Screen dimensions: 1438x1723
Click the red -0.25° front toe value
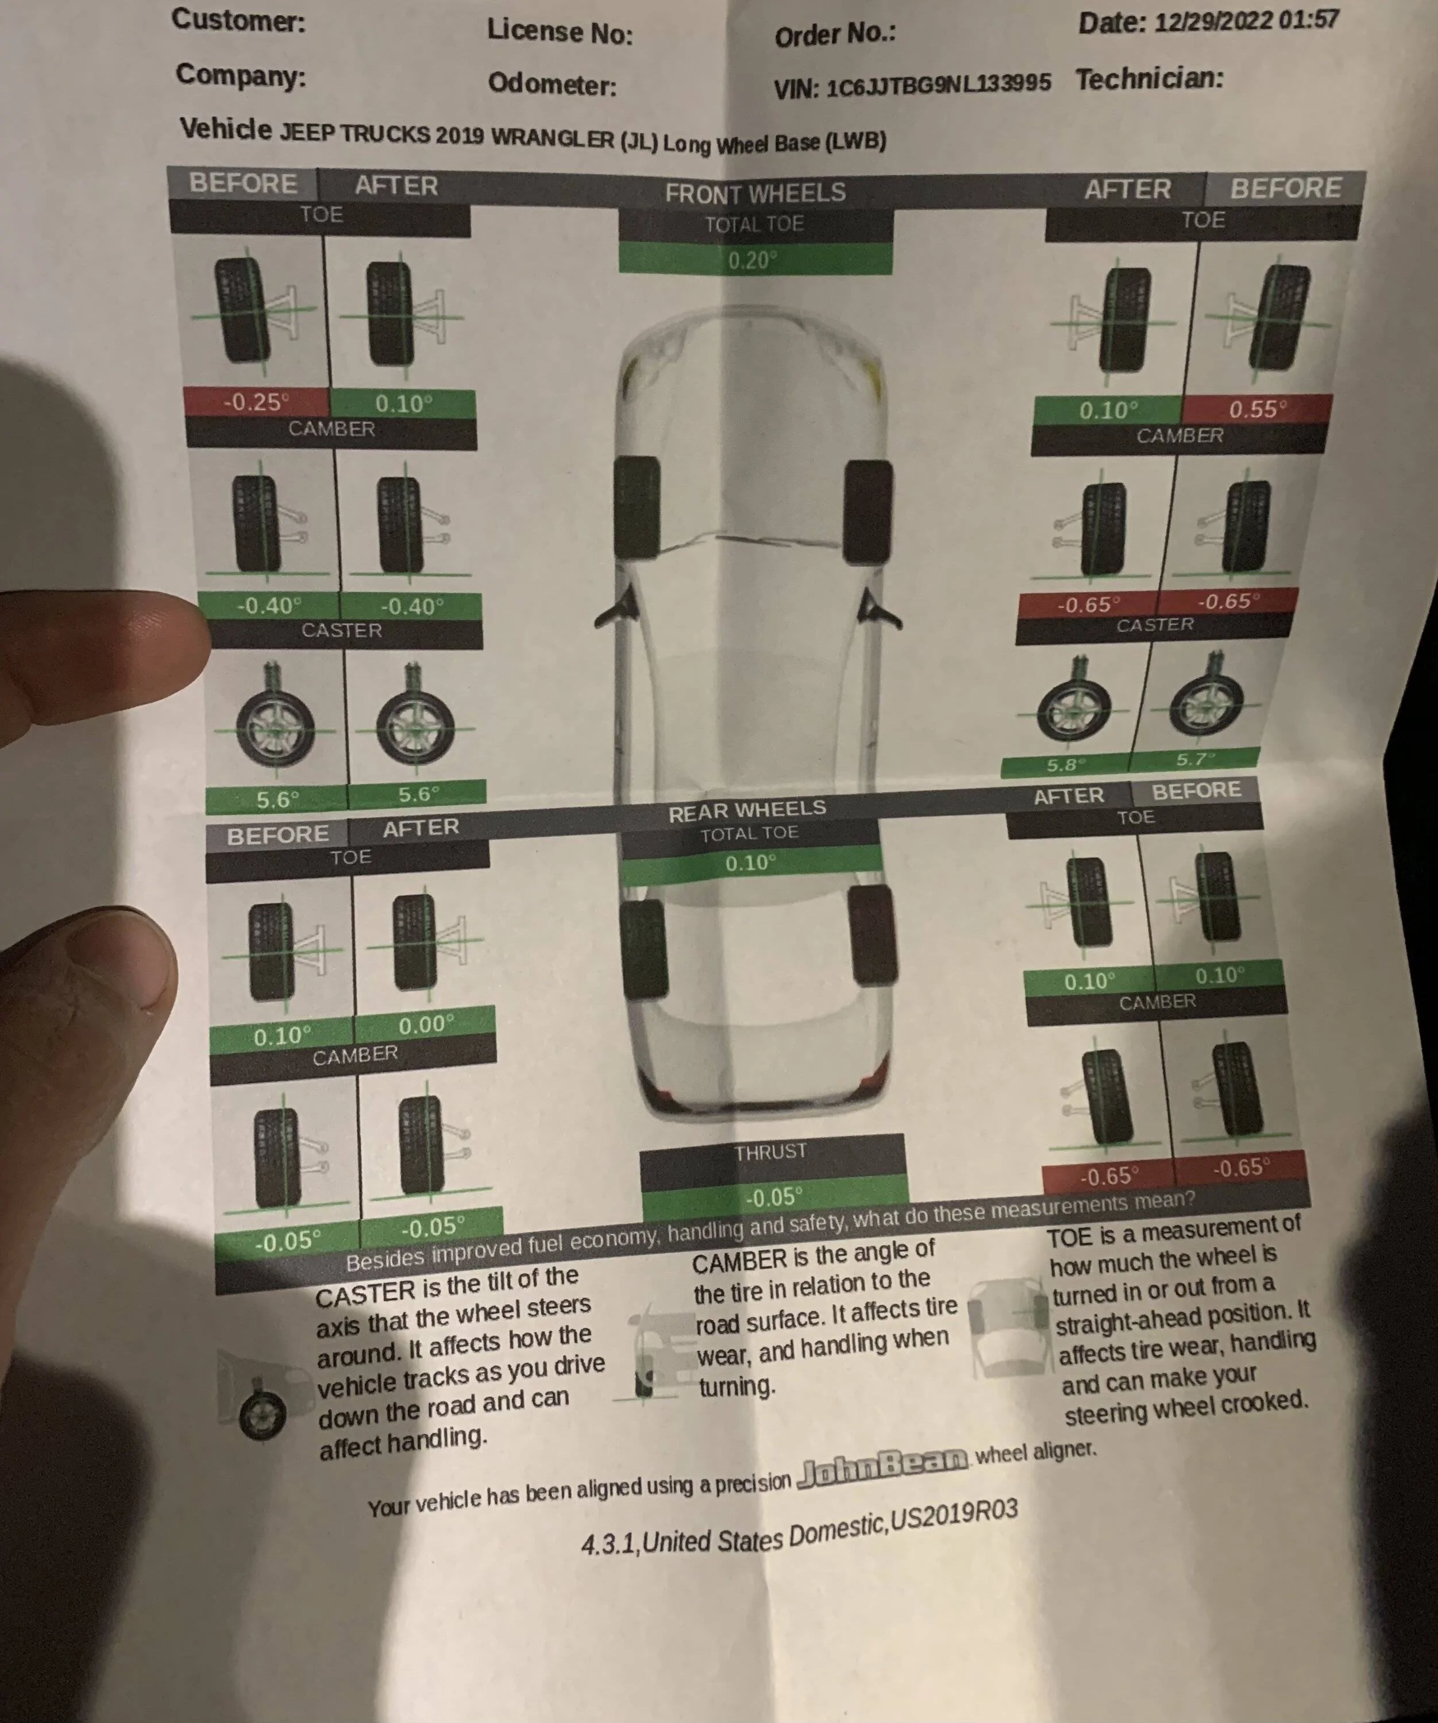[x=256, y=402]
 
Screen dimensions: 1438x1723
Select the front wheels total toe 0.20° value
[x=753, y=261]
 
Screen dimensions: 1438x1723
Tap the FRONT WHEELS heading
[x=755, y=193]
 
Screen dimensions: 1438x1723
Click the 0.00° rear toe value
[x=426, y=1025]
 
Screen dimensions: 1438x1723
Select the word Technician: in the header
[x=1149, y=79]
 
